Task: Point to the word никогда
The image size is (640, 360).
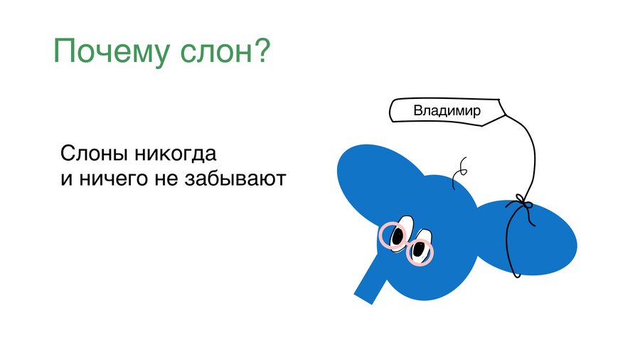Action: coord(176,155)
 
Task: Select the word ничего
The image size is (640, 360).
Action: coord(113,179)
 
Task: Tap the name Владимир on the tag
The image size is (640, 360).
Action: coord(447,110)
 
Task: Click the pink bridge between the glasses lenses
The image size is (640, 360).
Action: coord(407,243)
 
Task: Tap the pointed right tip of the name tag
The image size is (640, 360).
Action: coord(506,115)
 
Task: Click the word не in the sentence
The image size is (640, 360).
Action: coord(166,179)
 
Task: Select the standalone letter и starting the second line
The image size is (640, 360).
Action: coord(67,179)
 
